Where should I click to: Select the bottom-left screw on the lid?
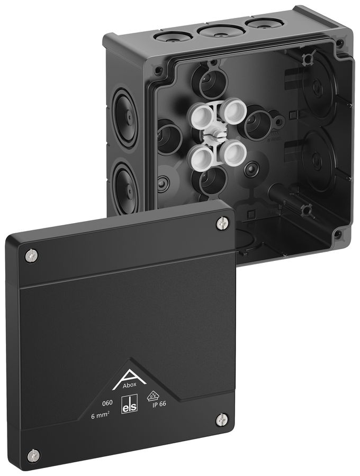(34, 454)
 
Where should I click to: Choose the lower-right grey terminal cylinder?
(230, 153)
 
